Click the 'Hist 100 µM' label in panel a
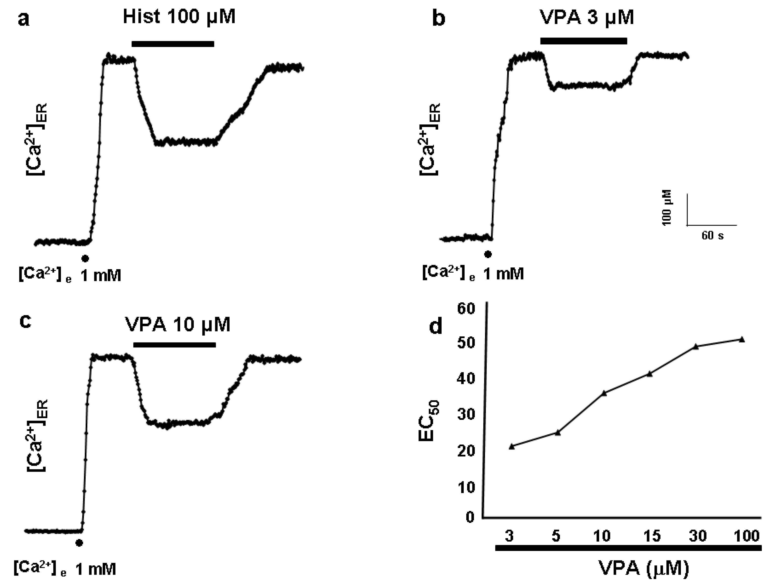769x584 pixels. [x=179, y=17]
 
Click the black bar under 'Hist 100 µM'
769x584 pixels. [x=173, y=44]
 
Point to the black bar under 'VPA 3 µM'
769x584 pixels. [x=584, y=41]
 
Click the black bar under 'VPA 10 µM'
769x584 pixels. [x=175, y=345]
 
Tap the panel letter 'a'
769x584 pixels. [x=24, y=19]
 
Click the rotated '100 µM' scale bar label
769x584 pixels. [x=667, y=208]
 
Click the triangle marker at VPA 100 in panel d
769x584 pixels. [x=742, y=340]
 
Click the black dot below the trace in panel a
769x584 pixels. [x=85, y=258]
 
